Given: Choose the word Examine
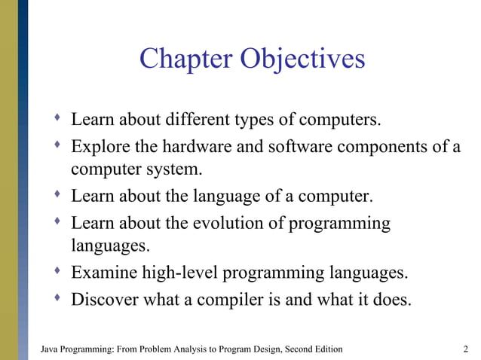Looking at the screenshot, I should pos(102,272).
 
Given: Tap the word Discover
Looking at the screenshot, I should pos(104,299).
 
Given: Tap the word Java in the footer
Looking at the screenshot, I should pos(47,349).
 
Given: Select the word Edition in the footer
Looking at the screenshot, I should pos(326,349).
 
